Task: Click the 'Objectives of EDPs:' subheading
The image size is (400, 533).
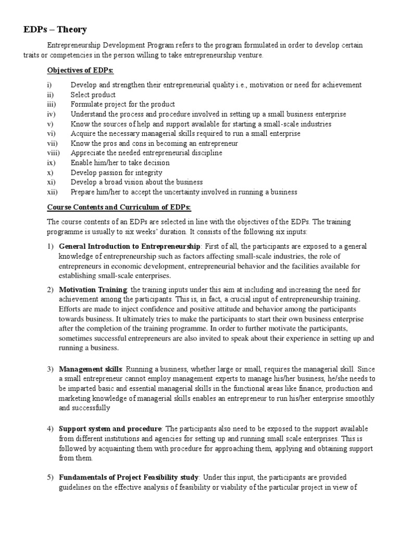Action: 77,70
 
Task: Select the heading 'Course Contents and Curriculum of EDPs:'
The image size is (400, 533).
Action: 119,208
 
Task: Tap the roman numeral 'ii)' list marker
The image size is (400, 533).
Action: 50,95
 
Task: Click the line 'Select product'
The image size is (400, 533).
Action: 93,95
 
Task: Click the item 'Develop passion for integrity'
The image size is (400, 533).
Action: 117,172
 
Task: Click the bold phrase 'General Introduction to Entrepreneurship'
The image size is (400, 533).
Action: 130,246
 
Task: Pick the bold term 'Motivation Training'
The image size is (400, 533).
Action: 93,289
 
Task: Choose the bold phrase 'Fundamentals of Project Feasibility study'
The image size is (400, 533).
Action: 129,477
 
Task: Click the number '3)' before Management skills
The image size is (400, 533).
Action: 51,369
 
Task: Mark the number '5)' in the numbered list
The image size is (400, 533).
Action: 51,477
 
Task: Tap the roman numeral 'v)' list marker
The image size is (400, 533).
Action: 49,124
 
